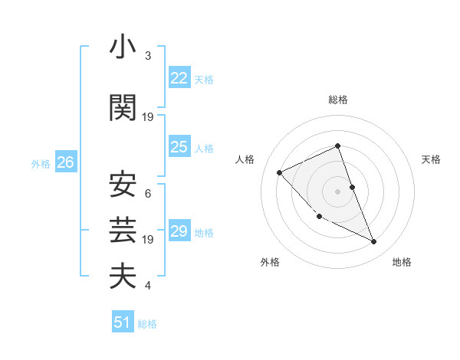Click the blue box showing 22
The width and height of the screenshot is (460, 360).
coord(179,77)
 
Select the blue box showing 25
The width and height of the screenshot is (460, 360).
coord(179,147)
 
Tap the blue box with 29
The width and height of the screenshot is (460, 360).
coord(179,231)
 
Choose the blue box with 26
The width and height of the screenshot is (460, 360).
coord(65,162)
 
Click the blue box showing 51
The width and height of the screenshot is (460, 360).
coord(123,322)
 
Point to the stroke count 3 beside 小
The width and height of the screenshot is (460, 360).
coord(147,57)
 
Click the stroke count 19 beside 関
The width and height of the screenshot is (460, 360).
coord(148,117)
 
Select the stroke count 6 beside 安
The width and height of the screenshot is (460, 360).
coord(147,193)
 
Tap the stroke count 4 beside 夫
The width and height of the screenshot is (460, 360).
coord(147,286)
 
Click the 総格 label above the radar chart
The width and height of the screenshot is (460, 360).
coord(338,100)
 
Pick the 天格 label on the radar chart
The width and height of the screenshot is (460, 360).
coord(431,159)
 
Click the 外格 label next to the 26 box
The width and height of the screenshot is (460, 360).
coord(40,163)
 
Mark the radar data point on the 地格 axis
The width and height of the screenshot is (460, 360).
coord(374,242)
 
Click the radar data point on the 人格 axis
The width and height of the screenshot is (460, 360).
coord(280,172)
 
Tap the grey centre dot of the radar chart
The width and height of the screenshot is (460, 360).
coord(338,191)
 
